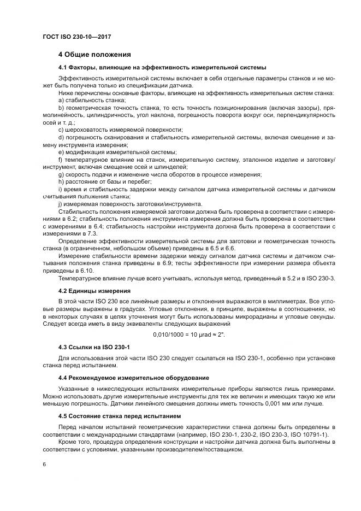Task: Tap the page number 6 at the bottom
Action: (44, 464)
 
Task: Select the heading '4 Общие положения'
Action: (94, 55)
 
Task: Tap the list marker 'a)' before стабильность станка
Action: (62, 101)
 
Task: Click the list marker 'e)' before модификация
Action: (62, 151)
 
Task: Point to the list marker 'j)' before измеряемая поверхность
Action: (61, 203)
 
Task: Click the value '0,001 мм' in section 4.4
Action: (274, 403)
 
